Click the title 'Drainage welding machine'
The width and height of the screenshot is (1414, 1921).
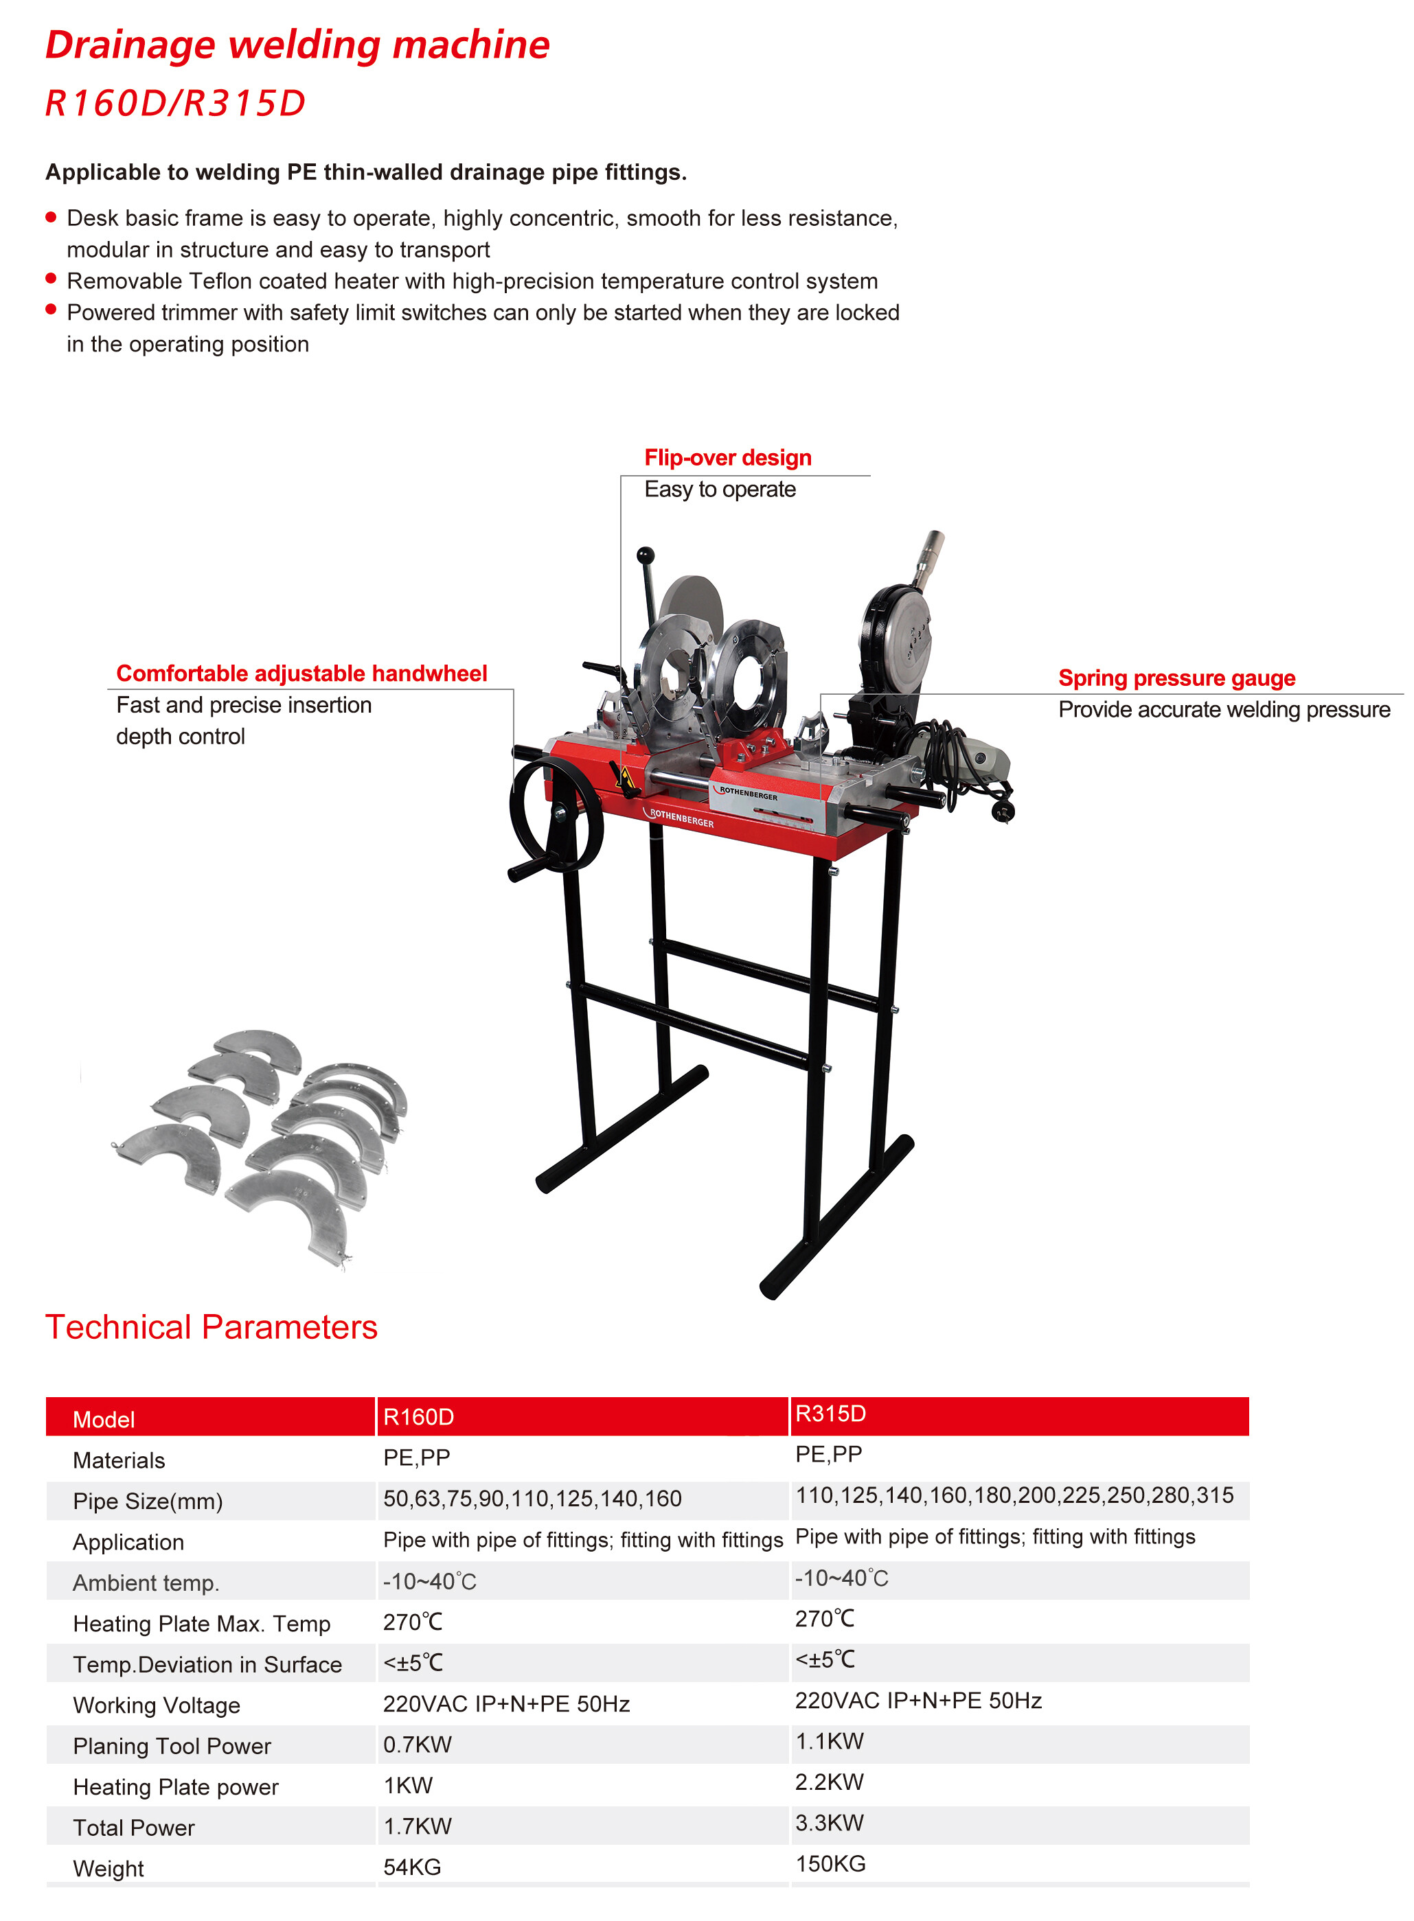[297, 45]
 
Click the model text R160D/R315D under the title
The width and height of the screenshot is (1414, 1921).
[176, 104]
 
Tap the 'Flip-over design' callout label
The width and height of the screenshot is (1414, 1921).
[727, 458]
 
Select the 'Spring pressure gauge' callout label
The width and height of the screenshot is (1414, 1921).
[1176, 678]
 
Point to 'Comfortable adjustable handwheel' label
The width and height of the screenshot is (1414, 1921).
[301, 674]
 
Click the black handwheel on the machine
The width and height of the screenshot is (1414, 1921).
[556, 816]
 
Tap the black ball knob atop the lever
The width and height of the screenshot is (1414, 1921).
[646, 555]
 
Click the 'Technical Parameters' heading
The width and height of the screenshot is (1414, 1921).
[212, 1327]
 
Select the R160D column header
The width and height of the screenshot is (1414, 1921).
[418, 1417]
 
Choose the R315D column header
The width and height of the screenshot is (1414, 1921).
[830, 1414]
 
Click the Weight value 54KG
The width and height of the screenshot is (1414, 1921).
[412, 1867]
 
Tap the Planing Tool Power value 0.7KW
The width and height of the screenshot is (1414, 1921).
[417, 1745]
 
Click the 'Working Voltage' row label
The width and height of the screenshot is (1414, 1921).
[157, 1705]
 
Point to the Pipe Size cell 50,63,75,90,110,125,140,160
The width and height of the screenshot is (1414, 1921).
[532, 1498]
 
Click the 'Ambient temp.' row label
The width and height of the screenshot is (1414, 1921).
[146, 1583]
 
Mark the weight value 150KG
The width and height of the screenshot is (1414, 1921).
[830, 1863]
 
